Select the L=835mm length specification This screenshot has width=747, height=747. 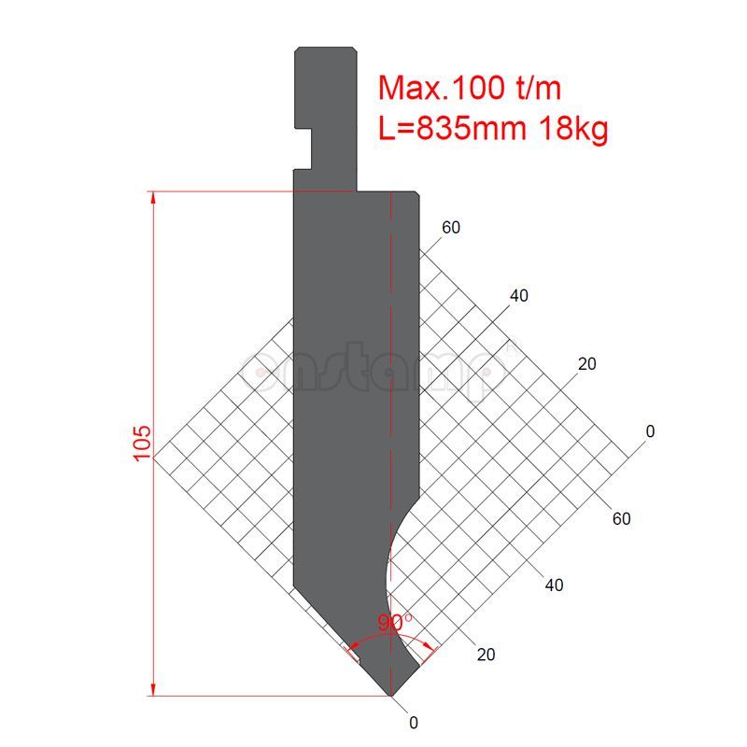point(453,128)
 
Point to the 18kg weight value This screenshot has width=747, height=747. point(572,128)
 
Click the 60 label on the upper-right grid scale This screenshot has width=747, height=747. point(451,228)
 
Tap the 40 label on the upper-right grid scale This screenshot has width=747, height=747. point(519,296)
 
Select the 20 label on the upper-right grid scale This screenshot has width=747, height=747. point(586,364)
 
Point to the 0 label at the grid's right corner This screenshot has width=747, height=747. point(651,431)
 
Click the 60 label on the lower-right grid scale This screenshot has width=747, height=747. point(622,518)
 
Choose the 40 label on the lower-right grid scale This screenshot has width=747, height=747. point(554,585)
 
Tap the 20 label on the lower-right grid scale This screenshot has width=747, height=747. point(486,655)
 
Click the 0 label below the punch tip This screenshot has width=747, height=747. point(414,722)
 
